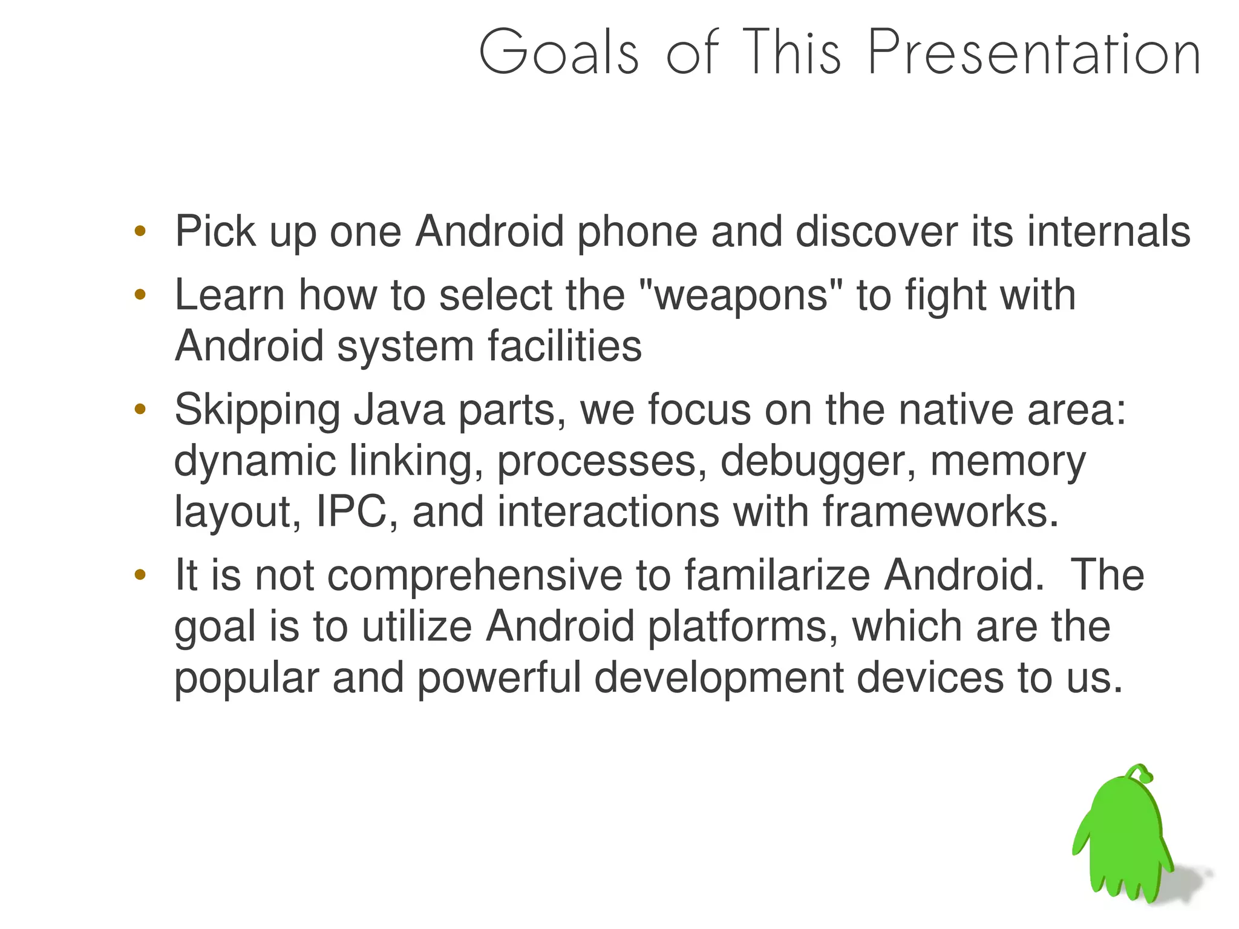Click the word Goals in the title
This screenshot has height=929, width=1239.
[559, 53]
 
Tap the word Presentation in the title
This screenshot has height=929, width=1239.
[1034, 53]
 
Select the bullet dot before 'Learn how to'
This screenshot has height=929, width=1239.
[140, 295]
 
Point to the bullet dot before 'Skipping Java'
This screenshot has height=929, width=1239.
[140, 410]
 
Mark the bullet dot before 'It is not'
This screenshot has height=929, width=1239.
[140, 574]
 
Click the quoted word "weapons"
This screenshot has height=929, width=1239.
[740, 295]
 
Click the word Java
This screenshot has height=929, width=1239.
[399, 410]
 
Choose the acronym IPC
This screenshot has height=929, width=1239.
[351, 512]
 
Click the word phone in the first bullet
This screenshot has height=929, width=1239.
[637, 232]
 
